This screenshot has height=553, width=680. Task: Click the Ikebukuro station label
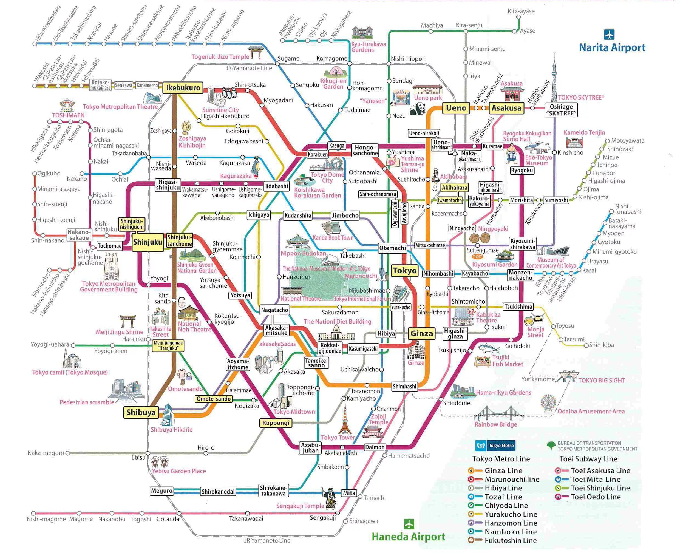[x=183, y=88]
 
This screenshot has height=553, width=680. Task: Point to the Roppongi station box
[x=276, y=423]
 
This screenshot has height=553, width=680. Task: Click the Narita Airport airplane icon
[x=609, y=34]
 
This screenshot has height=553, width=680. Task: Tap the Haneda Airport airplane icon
[x=409, y=524]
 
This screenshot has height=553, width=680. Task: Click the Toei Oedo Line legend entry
[x=595, y=497]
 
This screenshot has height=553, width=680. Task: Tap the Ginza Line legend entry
[x=503, y=470]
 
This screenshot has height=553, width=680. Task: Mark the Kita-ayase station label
[x=521, y=11]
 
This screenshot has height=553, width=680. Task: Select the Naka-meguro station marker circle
[x=67, y=453]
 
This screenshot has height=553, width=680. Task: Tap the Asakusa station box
[x=506, y=108]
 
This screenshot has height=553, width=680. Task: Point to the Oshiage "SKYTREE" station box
[x=561, y=110]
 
